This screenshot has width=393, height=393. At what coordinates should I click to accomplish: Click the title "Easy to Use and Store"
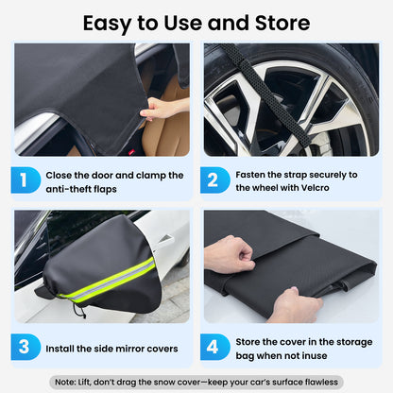coord(196,21)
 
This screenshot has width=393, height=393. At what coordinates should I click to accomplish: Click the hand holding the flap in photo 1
coord(161,109)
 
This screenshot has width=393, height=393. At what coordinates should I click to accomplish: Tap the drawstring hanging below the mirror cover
coord(76,308)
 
